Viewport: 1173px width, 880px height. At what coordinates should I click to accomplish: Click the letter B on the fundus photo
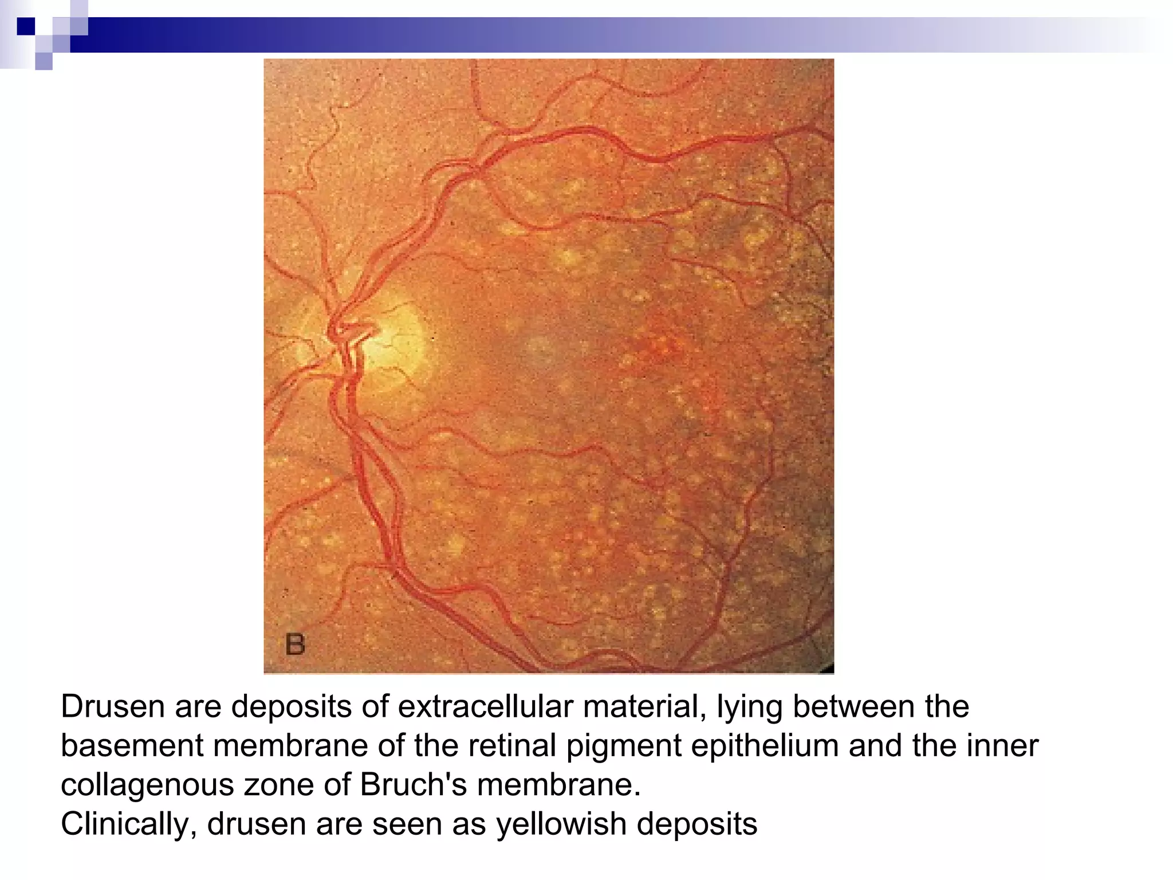[x=295, y=645]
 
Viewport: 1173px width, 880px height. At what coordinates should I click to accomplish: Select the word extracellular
[x=485, y=706]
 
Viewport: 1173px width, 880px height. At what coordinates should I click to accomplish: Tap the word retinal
[x=517, y=746]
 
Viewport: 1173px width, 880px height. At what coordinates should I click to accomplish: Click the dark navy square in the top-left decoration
[x=26, y=26]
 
